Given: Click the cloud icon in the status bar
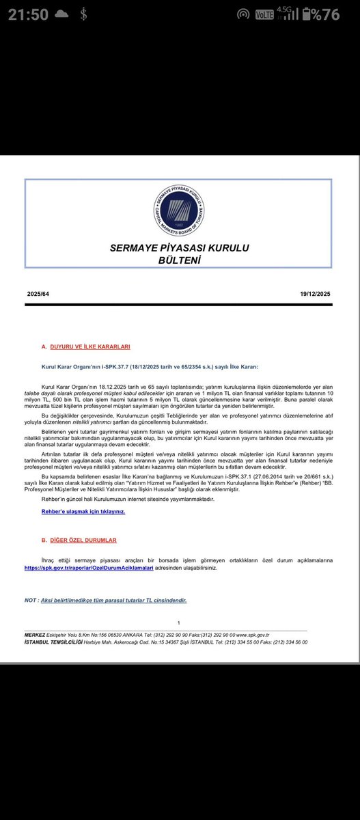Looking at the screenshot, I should [x=61, y=14].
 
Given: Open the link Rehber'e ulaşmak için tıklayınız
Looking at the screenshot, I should [x=83, y=511].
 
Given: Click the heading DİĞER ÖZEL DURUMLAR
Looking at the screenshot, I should [x=79, y=540].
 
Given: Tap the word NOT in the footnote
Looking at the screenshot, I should [x=31, y=600].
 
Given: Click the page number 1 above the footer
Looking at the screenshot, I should [x=178, y=623].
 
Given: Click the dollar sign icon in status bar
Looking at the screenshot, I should [x=82, y=14].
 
